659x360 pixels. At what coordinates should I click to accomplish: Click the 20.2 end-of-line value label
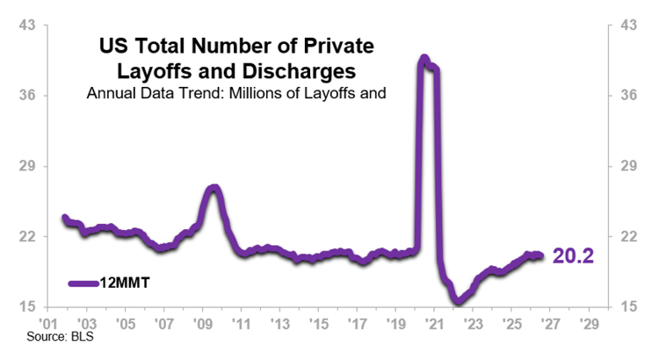pos(573,256)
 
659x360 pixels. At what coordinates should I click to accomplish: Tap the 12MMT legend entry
pos(109,283)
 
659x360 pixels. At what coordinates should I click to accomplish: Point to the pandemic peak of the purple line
pos(424,58)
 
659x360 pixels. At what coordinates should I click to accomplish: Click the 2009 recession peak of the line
pos(214,187)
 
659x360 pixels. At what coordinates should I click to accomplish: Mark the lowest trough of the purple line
pos(458,301)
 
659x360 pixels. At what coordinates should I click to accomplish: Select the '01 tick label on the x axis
pos(48,323)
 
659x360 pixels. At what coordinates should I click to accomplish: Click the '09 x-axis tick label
pos(203,323)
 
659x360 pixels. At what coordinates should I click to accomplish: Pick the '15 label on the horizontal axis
pos(319,323)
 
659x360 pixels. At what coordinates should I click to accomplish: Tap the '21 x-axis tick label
pos(434,323)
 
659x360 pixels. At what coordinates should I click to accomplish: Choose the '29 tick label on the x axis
pos(589,323)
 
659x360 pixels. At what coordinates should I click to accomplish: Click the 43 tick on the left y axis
pos(27,25)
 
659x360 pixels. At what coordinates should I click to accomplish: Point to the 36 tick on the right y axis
pos(628,96)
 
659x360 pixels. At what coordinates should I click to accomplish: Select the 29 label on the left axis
pos(27,166)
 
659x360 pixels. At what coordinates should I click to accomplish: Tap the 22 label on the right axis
pos(628,236)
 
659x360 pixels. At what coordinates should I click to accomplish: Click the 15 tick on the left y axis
pos(27,306)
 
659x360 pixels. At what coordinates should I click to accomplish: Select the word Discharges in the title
pos(299,71)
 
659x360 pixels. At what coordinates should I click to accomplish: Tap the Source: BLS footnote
pos(60,336)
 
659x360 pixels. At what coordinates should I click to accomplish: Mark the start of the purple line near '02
pos(65,217)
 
